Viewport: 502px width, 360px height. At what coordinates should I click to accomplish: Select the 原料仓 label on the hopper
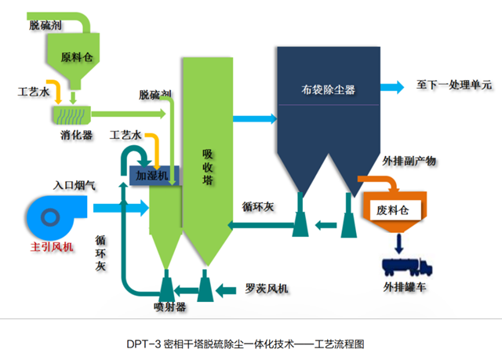pos(78,57)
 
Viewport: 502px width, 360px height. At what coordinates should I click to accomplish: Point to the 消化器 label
pos(77,135)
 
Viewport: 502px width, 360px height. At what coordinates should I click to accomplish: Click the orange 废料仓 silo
pos(394,210)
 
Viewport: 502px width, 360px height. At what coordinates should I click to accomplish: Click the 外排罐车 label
pos(405,288)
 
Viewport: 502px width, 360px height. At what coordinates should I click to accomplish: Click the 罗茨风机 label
pos(266,289)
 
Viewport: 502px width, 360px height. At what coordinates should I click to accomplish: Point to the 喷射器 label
pos(169,307)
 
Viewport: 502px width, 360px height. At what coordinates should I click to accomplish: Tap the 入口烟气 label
pos(75,186)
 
